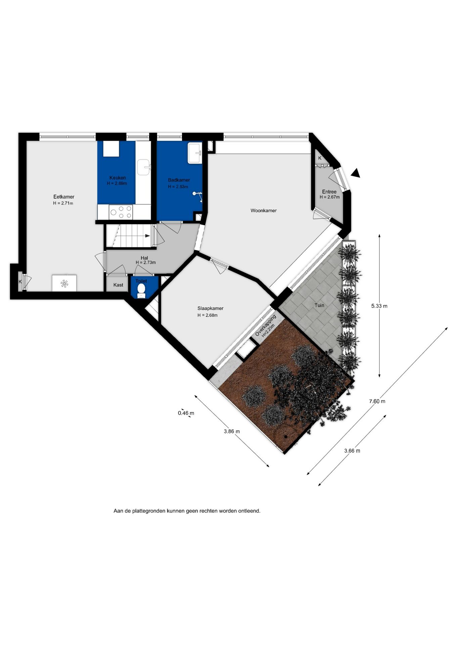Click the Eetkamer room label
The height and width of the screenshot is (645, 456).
coord(64,197)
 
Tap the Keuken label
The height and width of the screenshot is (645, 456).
coord(118,178)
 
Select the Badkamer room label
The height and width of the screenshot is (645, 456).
coord(179,180)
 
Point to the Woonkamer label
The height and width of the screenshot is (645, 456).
coord(264,211)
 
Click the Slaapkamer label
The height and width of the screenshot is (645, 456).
coord(210,308)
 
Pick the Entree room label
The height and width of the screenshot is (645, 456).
coord(329,192)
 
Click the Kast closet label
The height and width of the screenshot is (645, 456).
coord(118,285)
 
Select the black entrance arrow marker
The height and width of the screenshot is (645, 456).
coord(356,173)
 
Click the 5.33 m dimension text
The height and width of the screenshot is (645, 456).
coord(379,306)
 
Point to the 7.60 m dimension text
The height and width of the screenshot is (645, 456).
coord(377,401)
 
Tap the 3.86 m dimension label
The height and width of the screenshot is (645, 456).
coord(232,431)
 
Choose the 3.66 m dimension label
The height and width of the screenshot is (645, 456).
coord(352,451)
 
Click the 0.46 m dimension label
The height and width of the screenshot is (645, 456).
coord(186,413)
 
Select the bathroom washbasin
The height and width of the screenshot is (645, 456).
coord(195,153)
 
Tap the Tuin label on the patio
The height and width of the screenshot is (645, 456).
coord(319,305)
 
